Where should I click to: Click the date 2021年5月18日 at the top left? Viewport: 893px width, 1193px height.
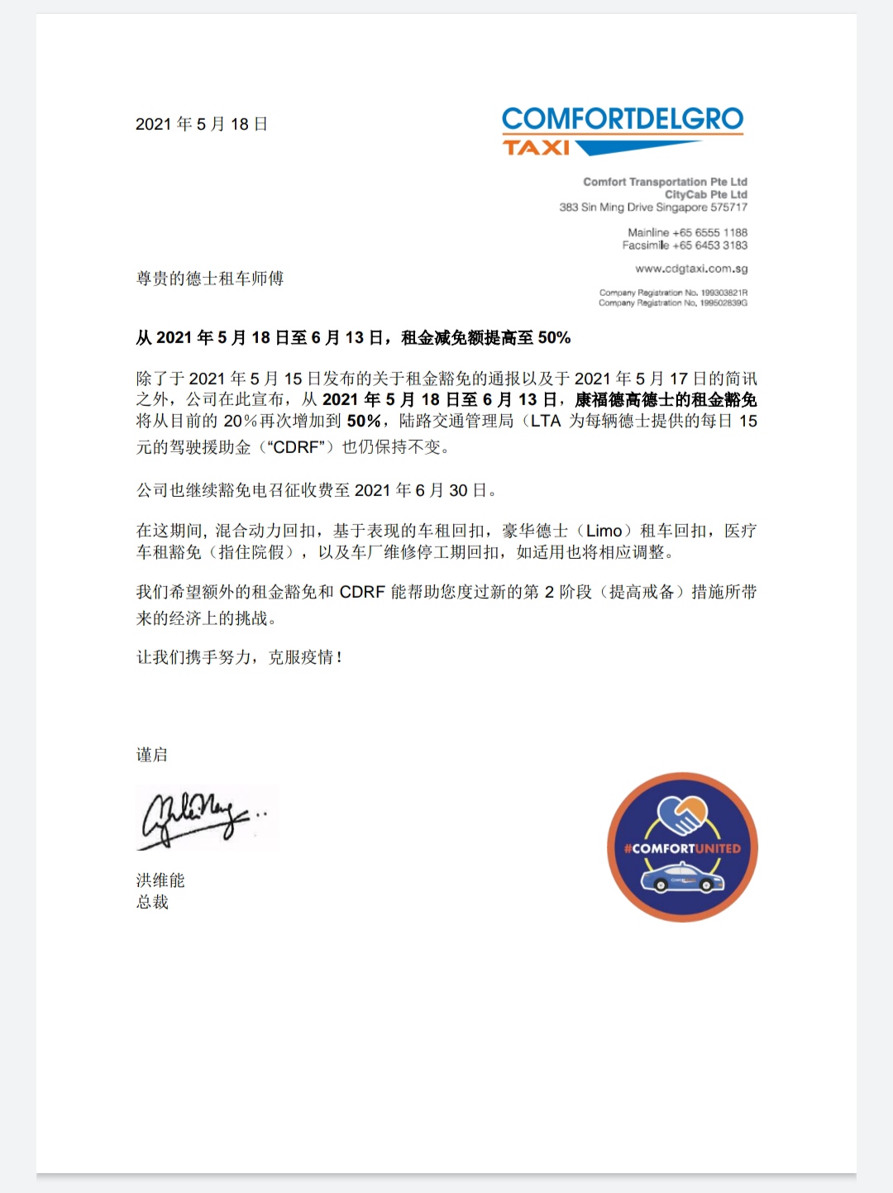coord(202,124)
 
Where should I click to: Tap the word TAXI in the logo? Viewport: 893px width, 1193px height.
coord(537,148)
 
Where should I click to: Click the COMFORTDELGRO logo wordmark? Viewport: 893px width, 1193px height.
coord(623,119)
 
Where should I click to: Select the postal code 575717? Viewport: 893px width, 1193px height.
coord(728,208)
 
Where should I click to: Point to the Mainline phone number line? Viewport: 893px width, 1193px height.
coord(687,233)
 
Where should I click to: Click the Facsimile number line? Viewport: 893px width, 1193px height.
coord(685,246)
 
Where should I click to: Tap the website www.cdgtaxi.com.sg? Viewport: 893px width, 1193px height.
coord(691,269)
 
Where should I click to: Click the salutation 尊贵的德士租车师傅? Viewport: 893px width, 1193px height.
coord(210,279)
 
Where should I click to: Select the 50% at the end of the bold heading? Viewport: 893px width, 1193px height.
coord(554,337)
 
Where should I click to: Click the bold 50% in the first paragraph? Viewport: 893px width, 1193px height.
coord(364,421)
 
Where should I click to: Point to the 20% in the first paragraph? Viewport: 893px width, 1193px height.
coord(241,421)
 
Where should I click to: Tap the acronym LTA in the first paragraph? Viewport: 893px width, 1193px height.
coord(546,421)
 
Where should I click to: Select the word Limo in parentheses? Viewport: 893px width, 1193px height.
coord(604,531)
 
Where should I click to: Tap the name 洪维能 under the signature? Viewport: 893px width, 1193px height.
coord(160,880)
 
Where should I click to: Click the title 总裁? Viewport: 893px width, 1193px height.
coord(152,902)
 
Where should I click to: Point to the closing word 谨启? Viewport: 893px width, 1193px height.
coord(152,755)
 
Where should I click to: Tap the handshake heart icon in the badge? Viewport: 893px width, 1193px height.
coord(683,814)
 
